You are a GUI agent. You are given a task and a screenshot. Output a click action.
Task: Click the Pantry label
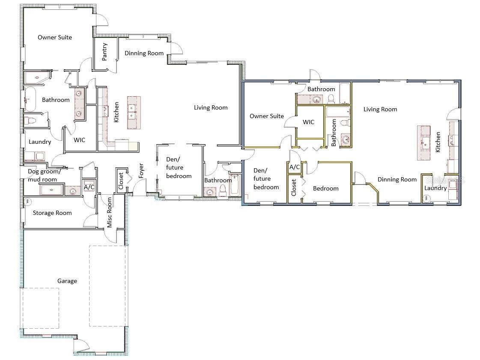tap(105, 52)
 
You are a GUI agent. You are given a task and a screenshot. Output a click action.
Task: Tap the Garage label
tap(67, 281)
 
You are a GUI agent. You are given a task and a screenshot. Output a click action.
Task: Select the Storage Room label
tap(52, 213)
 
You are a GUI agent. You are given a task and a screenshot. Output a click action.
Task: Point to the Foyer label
tap(141, 170)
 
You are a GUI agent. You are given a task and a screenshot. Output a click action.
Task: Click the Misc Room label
tap(109, 212)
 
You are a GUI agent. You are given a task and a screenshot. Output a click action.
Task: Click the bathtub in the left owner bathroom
tap(30, 99)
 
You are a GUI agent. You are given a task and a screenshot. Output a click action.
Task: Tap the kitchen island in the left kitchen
tap(134, 112)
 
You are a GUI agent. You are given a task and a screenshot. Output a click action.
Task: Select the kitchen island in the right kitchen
tap(424, 143)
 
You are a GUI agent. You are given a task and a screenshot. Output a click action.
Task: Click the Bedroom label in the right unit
tap(326, 189)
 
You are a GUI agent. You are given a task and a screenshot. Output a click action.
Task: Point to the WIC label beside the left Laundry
tap(79, 140)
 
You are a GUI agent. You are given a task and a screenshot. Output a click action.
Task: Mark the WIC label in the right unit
tap(308, 122)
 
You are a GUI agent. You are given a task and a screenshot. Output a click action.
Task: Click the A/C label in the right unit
tap(295, 167)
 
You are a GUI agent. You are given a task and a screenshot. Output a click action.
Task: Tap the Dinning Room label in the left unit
tap(144, 53)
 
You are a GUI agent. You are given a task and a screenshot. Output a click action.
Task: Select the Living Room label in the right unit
tap(380, 109)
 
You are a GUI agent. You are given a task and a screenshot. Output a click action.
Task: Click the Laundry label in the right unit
tap(435, 188)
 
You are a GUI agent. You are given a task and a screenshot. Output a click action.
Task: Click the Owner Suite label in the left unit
tap(55, 37)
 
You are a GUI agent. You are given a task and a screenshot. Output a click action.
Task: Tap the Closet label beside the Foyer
tap(121, 181)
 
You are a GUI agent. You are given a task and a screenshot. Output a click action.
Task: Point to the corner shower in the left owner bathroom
tap(37, 78)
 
